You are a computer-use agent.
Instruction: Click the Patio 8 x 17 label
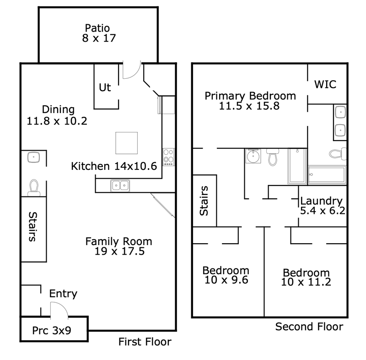pyautogui.click(x=99, y=33)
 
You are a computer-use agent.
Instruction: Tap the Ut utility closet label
pyautogui.click(x=105, y=87)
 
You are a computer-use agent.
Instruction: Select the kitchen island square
pyautogui.click(x=127, y=143)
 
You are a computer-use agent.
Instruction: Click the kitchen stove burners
pyautogui.click(x=168, y=157)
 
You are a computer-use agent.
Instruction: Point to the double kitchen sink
pyautogui.click(x=120, y=185)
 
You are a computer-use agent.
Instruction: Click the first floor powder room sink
pyautogui.click(x=33, y=157)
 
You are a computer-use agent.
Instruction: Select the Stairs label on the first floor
pyautogui.click(x=32, y=227)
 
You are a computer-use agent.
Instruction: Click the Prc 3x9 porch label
pyautogui.click(x=52, y=330)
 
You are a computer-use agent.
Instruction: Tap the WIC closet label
pyautogui.click(x=325, y=84)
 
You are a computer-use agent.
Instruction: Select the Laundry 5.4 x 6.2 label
pyautogui.click(x=323, y=206)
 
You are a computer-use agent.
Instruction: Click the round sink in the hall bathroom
pyautogui.click(x=253, y=156)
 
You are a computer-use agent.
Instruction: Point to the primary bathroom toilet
pyautogui.click(x=338, y=154)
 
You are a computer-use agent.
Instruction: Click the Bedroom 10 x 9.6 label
pyautogui.click(x=226, y=275)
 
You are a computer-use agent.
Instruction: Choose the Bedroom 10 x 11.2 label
pyautogui.click(x=306, y=277)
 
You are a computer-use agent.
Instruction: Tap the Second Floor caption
pyautogui.click(x=309, y=327)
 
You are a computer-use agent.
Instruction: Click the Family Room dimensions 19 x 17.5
pyautogui.click(x=119, y=251)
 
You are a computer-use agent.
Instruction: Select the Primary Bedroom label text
pyautogui.click(x=250, y=96)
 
